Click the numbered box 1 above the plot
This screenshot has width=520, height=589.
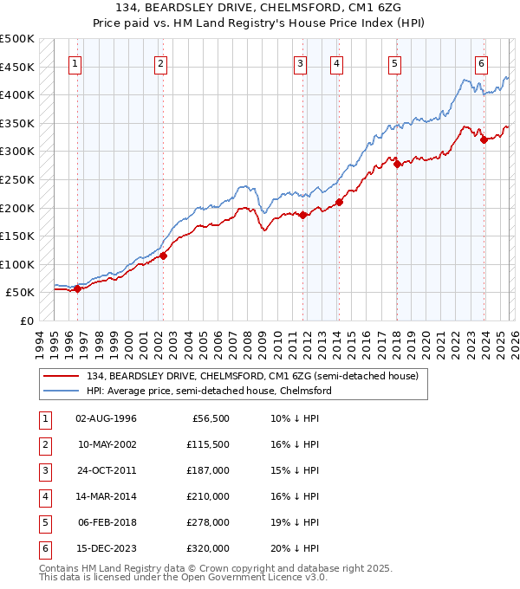[76, 63]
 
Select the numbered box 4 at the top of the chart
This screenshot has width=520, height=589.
[335, 63]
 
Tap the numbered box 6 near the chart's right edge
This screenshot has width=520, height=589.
[481, 63]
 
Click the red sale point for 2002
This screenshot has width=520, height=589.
[162, 256]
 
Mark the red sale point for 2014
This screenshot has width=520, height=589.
[339, 203]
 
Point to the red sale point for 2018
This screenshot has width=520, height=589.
[397, 164]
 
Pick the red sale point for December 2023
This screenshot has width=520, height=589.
[484, 140]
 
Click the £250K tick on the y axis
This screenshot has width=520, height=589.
[17, 179]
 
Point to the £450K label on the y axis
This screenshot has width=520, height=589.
[17, 67]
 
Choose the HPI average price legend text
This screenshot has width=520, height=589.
[208, 391]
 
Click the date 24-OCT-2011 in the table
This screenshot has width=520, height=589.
[106, 470]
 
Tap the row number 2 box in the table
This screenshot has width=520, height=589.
[43, 444]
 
